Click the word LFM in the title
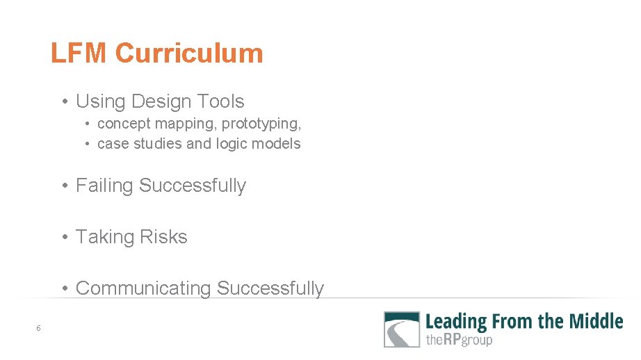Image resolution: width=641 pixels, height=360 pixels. pyautogui.click(x=79, y=54)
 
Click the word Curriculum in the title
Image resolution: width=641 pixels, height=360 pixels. pyautogui.click(x=189, y=54)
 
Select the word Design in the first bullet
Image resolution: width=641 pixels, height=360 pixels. pyautogui.click(x=159, y=101)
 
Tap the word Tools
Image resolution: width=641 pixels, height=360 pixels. pyautogui.click(x=220, y=101)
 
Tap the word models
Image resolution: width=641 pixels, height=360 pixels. pyautogui.click(x=279, y=144)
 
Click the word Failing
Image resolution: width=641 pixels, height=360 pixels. pyautogui.click(x=105, y=186)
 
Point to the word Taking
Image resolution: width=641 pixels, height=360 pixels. pyautogui.click(x=102, y=237)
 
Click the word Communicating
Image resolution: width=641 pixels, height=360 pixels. pyautogui.click(x=143, y=288)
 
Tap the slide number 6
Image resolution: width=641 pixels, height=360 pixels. pyautogui.click(x=39, y=328)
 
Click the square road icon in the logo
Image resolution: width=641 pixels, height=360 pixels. pyautogui.click(x=402, y=329)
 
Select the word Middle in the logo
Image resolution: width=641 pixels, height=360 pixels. pyautogui.click(x=596, y=321)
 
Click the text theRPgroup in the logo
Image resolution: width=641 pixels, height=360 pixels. pyautogui.click(x=459, y=340)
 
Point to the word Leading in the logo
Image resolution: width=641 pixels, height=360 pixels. pyautogui.click(x=456, y=321)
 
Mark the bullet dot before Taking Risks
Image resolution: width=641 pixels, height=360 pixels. pyautogui.click(x=64, y=238)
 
